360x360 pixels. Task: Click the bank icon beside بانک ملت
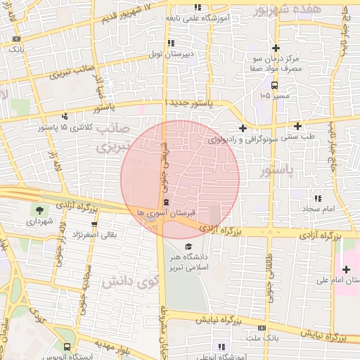[x=262, y=328]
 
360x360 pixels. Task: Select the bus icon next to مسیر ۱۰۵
[x=274, y=84]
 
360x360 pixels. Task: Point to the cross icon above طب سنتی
[x=298, y=127]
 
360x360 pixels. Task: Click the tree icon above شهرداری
[x=37, y=210]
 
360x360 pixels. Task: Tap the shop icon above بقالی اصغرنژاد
[x=94, y=224]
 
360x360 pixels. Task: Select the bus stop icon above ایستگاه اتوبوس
[x=66, y=347]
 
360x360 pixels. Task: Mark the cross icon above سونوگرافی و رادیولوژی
[x=243, y=128]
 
